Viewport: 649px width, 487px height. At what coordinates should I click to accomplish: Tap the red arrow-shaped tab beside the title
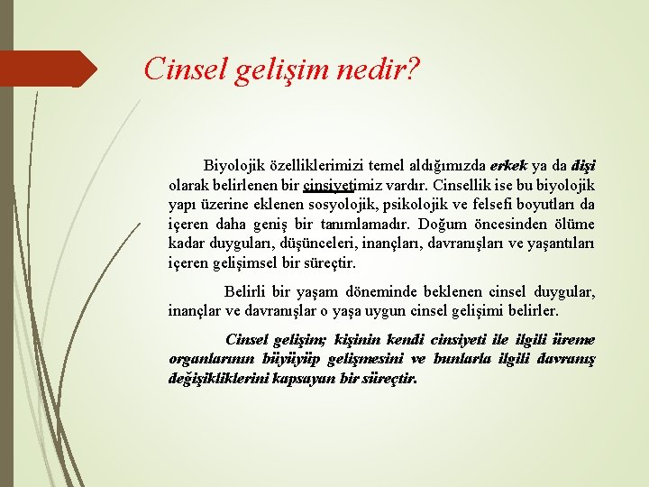49,69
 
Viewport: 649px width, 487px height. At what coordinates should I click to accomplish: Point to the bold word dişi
583,166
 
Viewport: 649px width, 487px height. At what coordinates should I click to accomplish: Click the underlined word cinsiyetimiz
339,186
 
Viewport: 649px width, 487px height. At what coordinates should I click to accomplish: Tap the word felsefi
505,206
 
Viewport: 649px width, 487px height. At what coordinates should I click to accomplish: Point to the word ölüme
573,225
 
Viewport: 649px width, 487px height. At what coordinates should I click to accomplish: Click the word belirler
533,311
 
